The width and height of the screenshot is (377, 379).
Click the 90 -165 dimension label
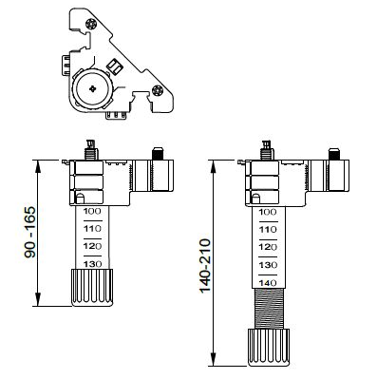(30, 232)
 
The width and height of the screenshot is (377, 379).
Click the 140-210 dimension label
(205, 266)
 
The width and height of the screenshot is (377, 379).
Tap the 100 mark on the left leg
(92, 211)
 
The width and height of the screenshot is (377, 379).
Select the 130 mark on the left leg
(92, 264)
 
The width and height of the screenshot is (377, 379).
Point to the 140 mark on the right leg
(268, 282)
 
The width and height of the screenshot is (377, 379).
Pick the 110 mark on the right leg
(268, 230)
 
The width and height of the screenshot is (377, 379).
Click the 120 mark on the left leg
(92, 246)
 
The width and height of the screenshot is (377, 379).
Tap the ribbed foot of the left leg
(92, 287)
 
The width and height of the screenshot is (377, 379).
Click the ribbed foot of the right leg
(269, 348)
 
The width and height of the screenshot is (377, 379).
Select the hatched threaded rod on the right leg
(269, 309)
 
